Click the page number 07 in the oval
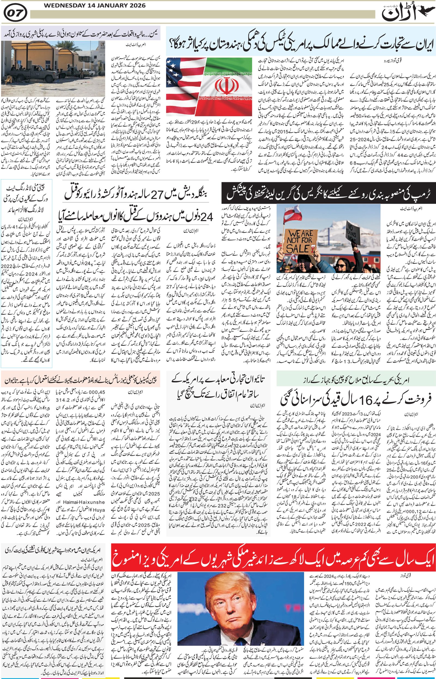coord(16,13)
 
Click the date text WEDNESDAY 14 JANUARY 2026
coord(95,5)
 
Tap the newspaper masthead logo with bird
coord(408,13)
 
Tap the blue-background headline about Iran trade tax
coord(300,41)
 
